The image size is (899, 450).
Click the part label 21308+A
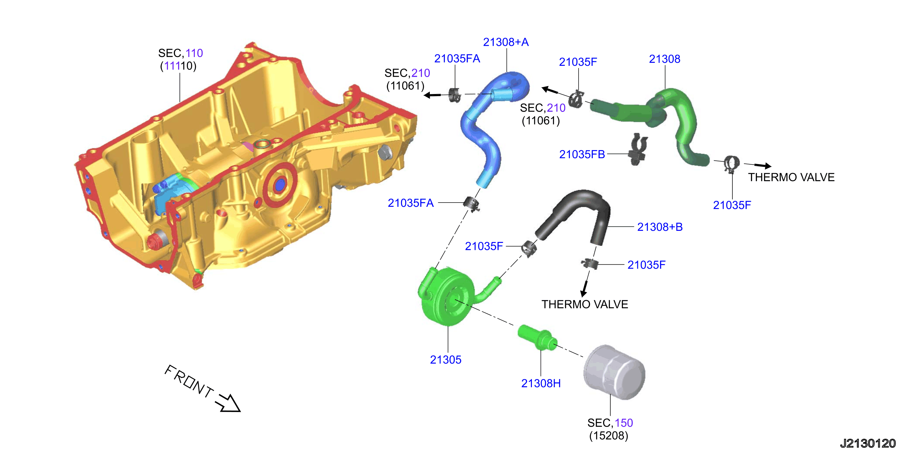tap(506, 42)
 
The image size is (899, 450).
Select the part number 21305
tap(445, 360)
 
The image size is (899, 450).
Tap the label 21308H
tap(541, 383)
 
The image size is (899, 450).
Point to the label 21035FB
tap(582, 154)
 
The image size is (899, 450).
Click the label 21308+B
tap(660, 227)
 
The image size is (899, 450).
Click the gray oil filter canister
tap(614, 372)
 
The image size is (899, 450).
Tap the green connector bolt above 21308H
tap(537, 337)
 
